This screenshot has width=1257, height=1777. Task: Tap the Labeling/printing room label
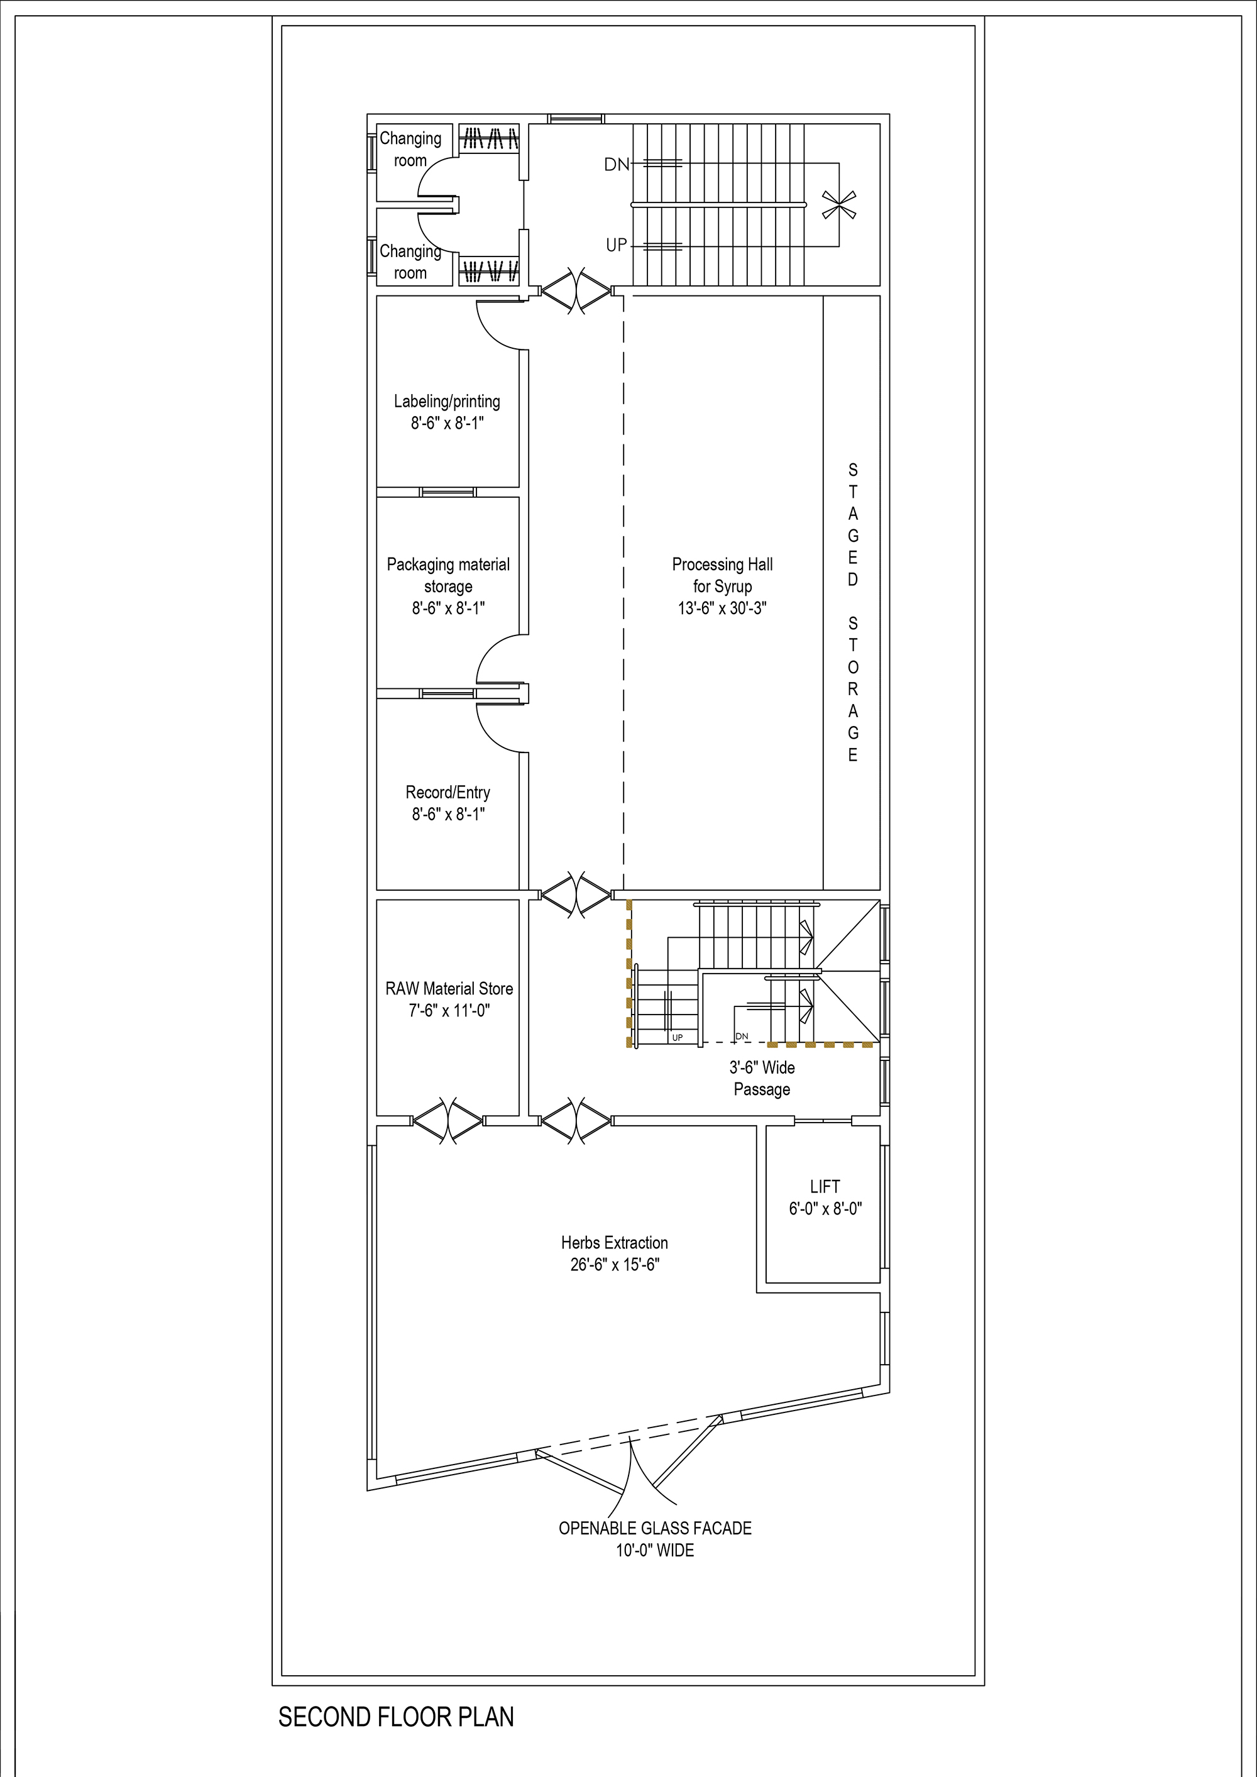(447, 401)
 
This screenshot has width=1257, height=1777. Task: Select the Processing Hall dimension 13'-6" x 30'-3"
(722, 608)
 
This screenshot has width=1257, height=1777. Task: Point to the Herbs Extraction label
(615, 1242)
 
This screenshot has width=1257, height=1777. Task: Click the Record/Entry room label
(448, 793)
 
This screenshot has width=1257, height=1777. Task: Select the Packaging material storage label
(448, 575)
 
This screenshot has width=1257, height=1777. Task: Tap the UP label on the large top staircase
(616, 245)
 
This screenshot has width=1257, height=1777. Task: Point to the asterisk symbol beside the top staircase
(838, 204)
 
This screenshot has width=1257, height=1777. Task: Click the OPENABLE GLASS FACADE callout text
(655, 1528)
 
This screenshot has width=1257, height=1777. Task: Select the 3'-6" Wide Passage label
(762, 1078)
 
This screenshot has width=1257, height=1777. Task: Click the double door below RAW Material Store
(447, 1121)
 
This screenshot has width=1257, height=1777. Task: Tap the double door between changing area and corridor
(575, 291)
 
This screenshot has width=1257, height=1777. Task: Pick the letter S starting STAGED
(853, 470)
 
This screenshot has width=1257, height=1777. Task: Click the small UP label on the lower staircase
(678, 1038)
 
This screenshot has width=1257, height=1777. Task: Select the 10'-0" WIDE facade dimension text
(655, 1550)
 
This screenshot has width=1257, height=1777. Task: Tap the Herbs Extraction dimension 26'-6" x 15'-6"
(615, 1264)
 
